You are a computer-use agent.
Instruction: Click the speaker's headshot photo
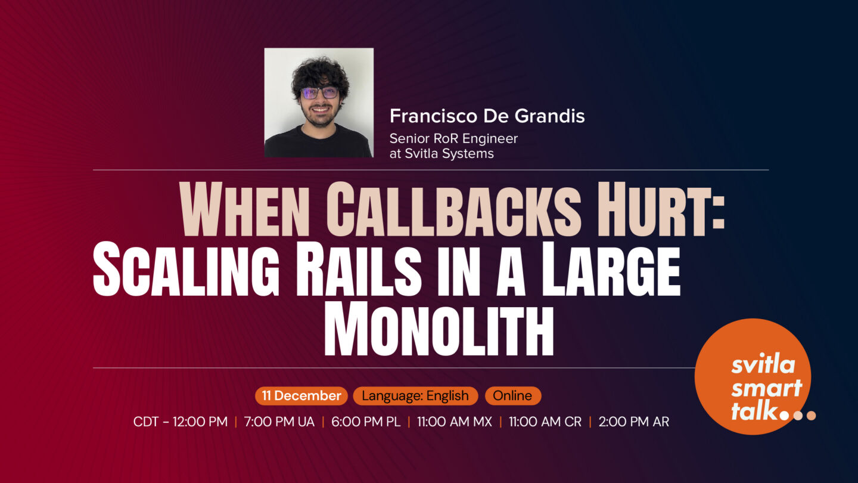pyautogui.click(x=319, y=103)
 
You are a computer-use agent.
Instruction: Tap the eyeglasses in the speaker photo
pyautogui.click(x=319, y=93)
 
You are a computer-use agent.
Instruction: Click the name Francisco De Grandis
pyautogui.click(x=487, y=116)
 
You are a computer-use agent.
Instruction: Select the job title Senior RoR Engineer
pyautogui.click(x=453, y=138)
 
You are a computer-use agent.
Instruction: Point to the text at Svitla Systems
pyautogui.click(x=442, y=153)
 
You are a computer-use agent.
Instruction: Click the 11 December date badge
pyautogui.click(x=301, y=396)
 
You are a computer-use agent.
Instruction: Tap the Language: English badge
pyautogui.click(x=415, y=396)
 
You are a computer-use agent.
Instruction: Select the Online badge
pyautogui.click(x=512, y=396)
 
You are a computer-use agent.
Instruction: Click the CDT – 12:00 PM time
pyautogui.click(x=181, y=422)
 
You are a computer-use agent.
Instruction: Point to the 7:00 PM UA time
pyautogui.click(x=279, y=422)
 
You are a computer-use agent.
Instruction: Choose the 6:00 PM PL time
pyautogui.click(x=366, y=422)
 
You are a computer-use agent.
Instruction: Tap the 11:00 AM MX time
pyautogui.click(x=454, y=422)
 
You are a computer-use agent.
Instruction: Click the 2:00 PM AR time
pyautogui.click(x=633, y=422)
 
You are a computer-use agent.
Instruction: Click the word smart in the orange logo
pyautogui.click(x=766, y=388)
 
